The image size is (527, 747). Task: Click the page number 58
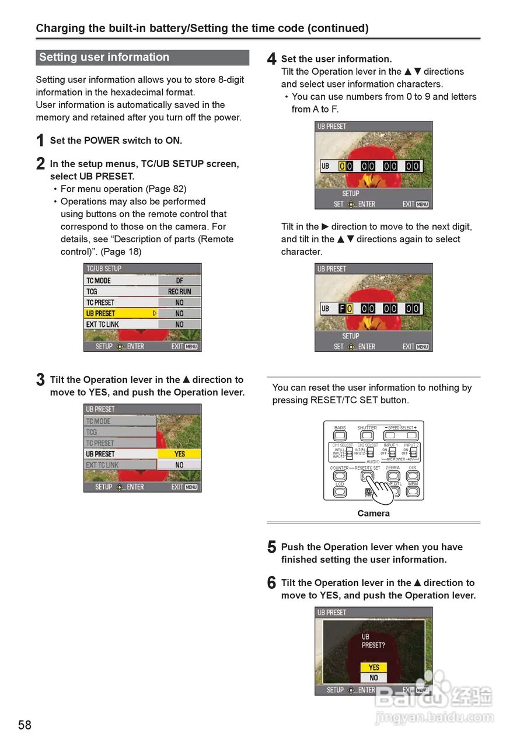(x=25, y=725)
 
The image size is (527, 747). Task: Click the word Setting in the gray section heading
(x=58, y=57)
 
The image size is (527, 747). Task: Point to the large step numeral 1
(x=40, y=141)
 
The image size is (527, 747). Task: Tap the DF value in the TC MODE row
(x=179, y=281)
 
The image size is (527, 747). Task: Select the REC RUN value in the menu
(x=179, y=292)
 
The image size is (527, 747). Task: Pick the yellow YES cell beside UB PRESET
(x=179, y=454)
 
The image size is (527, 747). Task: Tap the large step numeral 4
(x=271, y=59)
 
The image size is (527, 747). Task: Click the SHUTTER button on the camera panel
(x=367, y=435)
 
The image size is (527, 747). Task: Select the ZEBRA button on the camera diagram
(x=393, y=476)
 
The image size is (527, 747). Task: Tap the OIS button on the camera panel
(x=413, y=476)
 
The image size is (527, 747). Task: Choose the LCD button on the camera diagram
(x=340, y=492)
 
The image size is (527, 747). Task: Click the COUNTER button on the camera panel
(x=340, y=476)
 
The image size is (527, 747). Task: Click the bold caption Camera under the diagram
(x=374, y=514)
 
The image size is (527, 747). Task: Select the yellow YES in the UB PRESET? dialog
(x=374, y=667)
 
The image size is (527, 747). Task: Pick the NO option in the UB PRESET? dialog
(x=374, y=678)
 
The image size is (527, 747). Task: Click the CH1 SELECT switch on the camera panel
(x=349, y=452)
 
